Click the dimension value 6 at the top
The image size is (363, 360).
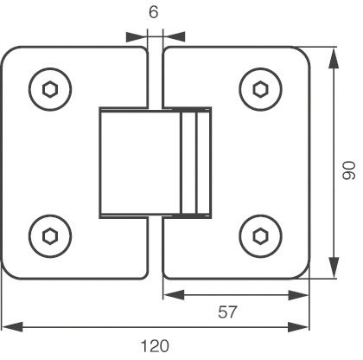(x=154, y=12)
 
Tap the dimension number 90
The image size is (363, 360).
(x=349, y=170)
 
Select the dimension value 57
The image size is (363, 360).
(x=227, y=312)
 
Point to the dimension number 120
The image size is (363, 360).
(x=155, y=346)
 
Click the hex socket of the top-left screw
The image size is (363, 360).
(x=50, y=89)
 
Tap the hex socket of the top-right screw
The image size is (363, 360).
(x=261, y=89)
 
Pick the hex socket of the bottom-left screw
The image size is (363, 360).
(x=50, y=236)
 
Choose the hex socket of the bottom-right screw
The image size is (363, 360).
(x=261, y=236)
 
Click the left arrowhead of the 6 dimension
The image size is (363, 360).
(x=137, y=37)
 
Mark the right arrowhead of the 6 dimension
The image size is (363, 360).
(x=174, y=37)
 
